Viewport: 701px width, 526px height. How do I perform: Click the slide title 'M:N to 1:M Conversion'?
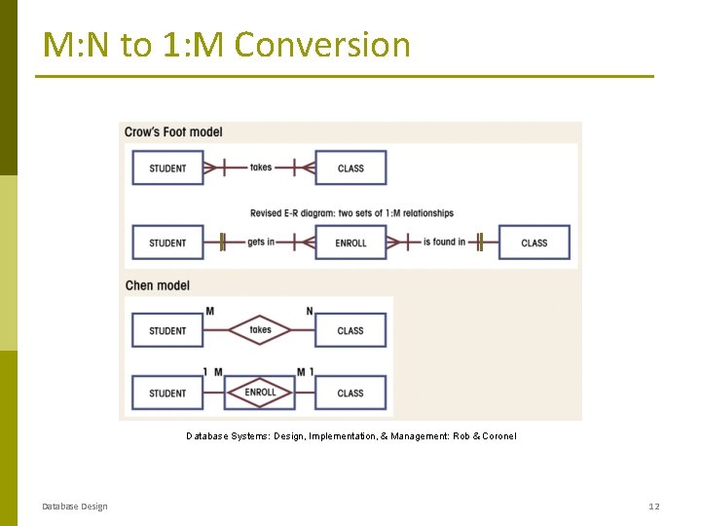click(x=226, y=45)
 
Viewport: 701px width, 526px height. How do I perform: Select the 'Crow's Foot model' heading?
click(x=173, y=132)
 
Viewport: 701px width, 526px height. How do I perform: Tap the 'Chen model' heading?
click(x=157, y=285)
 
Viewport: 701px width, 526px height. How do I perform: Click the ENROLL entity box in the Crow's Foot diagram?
click(x=350, y=243)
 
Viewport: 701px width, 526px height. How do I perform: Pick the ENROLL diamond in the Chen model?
click(x=260, y=393)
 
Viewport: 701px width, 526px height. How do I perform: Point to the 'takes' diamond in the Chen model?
click(x=260, y=330)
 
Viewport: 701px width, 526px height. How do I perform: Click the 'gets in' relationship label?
click(x=261, y=242)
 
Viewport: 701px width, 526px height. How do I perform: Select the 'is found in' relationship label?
click(x=444, y=242)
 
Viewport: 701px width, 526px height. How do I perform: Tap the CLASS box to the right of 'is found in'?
click(x=534, y=243)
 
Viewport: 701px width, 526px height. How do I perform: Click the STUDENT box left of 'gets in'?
click(x=167, y=243)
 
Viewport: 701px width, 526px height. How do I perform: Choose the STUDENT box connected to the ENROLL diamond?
click(x=167, y=394)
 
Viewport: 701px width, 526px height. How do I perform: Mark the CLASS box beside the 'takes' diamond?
click(x=350, y=331)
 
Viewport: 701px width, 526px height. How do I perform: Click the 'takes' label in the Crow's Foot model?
click(x=261, y=168)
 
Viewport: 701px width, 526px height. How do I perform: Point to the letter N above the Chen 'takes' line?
click(x=310, y=312)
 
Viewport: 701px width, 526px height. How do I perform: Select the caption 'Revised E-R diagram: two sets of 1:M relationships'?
click(x=351, y=213)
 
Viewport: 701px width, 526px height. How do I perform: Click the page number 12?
click(x=654, y=507)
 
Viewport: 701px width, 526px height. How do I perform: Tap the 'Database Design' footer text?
click(x=75, y=507)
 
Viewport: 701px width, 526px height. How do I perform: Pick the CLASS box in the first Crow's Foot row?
click(x=350, y=169)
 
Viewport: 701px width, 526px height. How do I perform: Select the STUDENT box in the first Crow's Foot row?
click(x=167, y=169)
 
